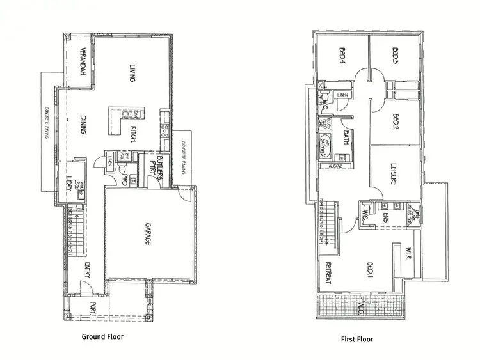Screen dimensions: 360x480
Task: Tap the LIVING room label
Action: (132, 73)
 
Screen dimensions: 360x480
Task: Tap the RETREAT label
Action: (328, 273)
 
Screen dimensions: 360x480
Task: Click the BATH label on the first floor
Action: (346, 138)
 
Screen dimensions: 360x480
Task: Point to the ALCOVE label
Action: (336, 166)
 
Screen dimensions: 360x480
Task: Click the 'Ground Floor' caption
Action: (102, 336)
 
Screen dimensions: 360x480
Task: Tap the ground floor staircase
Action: (75, 230)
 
